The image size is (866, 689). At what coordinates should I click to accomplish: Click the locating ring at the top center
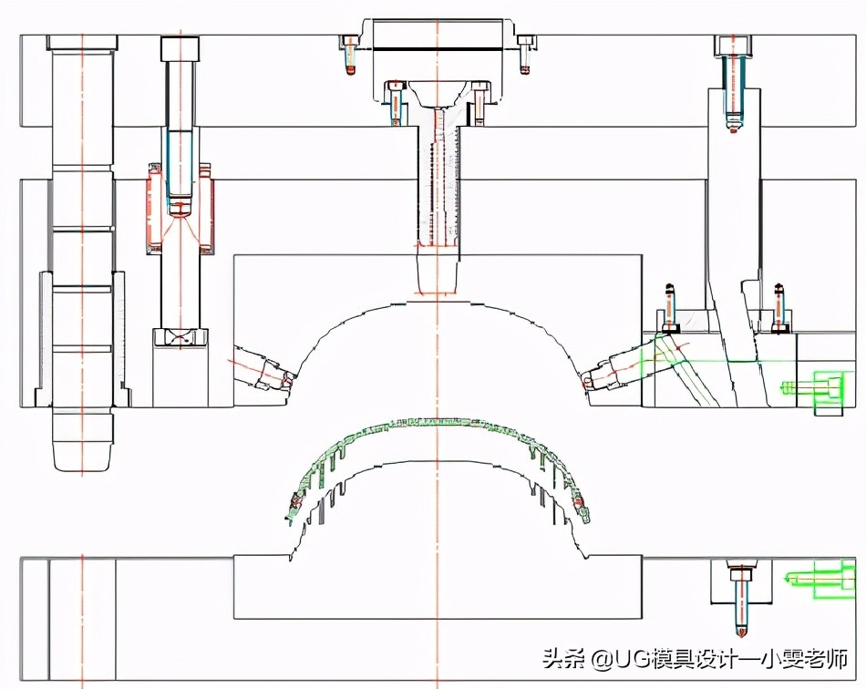437,36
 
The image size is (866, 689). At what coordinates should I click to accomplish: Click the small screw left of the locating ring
350,55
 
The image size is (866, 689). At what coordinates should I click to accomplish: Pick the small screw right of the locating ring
524,55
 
